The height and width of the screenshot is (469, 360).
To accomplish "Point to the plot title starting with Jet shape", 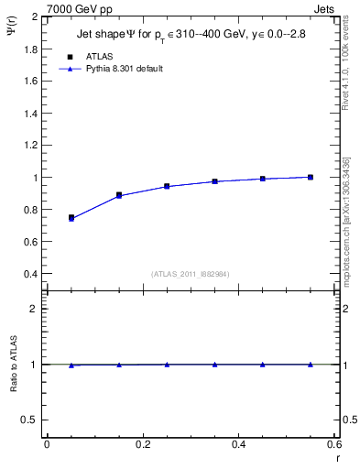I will [191, 36].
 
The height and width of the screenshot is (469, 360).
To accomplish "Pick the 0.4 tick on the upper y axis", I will [29, 274].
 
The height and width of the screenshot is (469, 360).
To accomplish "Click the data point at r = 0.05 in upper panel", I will [71, 218].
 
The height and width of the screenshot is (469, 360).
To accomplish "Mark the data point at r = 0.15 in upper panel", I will [119, 195].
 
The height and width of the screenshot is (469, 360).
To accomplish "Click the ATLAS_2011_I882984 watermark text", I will [191, 274].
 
